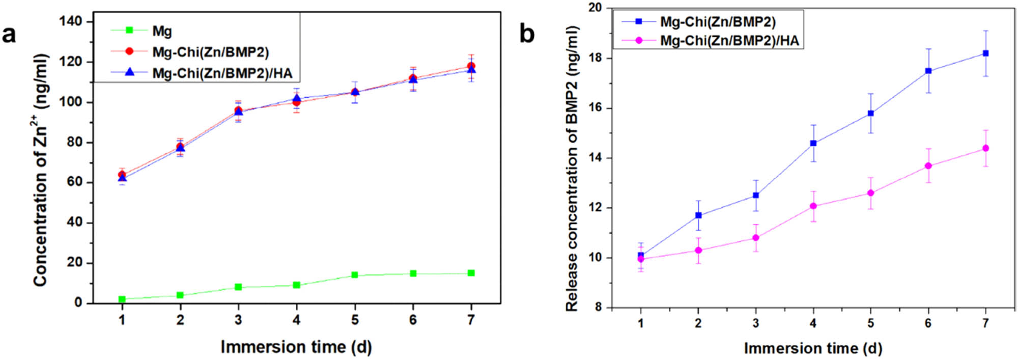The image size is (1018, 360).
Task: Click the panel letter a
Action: pyautogui.click(x=9, y=35)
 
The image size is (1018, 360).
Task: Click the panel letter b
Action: pyautogui.click(x=527, y=35)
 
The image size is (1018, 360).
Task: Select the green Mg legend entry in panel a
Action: pyautogui.click(x=162, y=31)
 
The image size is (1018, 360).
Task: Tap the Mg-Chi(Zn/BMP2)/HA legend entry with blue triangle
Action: pyautogui.click(x=222, y=73)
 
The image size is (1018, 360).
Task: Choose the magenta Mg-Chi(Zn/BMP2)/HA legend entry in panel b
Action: pyautogui.click(x=729, y=40)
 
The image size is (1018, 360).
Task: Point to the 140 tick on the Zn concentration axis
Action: pyautogui.click(x=71, y=21)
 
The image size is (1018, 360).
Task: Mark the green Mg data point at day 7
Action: pyautogui.click(x=471, y=273)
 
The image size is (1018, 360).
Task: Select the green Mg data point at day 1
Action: pyautogui.click(x=122, y=299)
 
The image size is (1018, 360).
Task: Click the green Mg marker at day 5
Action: pyautogui.click(x=355, y=275)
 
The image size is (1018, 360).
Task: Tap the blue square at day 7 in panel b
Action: pyautogui.click(x=985, y=53)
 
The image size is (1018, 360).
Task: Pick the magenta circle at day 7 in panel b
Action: pyautogui.click(x=985, y=148)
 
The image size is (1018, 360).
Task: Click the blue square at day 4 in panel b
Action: pyautogui.click(x=813, y=143)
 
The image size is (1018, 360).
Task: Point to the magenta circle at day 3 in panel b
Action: pyautogui.click(x=756, y=238)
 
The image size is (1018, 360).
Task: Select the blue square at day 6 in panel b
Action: pyautogui.click(x=928, y=71)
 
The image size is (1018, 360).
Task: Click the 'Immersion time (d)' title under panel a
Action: pyautogui.click(x=296, y=347)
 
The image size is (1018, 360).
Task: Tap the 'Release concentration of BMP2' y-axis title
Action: pyautogui.click(x=572, y=168)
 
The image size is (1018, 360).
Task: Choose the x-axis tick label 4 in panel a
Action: pyautogui.click(x=296, y=320)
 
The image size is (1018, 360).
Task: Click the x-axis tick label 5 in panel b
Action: pyautogui.click(x=871, y=323)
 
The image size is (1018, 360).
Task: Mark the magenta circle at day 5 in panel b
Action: pyautogui.click(x=871, y=193)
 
